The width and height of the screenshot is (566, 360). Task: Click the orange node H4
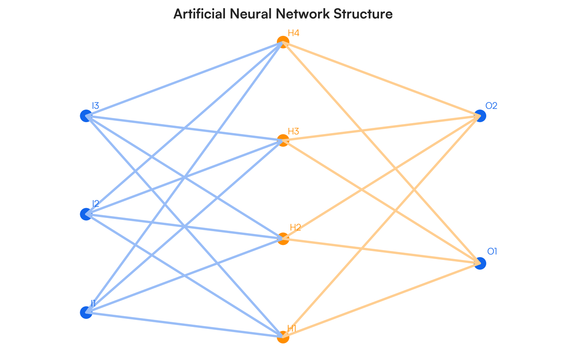pos(283,42)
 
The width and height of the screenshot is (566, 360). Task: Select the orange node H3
pos(283,140)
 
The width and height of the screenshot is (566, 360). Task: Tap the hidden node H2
pos(283,239)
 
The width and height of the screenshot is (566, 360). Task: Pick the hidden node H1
pos(283,337)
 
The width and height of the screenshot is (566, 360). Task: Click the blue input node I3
pos(86,116)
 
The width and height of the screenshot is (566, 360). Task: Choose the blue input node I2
pos(86,214)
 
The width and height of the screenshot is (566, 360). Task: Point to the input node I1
pos(86,312)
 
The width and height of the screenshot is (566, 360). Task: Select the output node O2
pos(480,116)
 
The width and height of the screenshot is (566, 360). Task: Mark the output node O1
pos(480,263)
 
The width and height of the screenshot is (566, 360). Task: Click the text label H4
pos(294,33)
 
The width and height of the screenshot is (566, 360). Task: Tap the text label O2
pos(491,106)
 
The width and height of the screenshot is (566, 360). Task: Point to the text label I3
pos(95,106)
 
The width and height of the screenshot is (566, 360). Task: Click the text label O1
pos(491,252)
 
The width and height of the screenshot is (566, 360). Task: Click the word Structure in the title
pos(363,14)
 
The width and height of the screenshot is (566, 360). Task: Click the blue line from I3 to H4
pos(184,79)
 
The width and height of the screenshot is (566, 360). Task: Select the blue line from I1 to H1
pos(184,325)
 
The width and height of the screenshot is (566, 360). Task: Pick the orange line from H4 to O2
pos(381,79)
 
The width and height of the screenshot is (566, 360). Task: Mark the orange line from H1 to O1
pos(381,300)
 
